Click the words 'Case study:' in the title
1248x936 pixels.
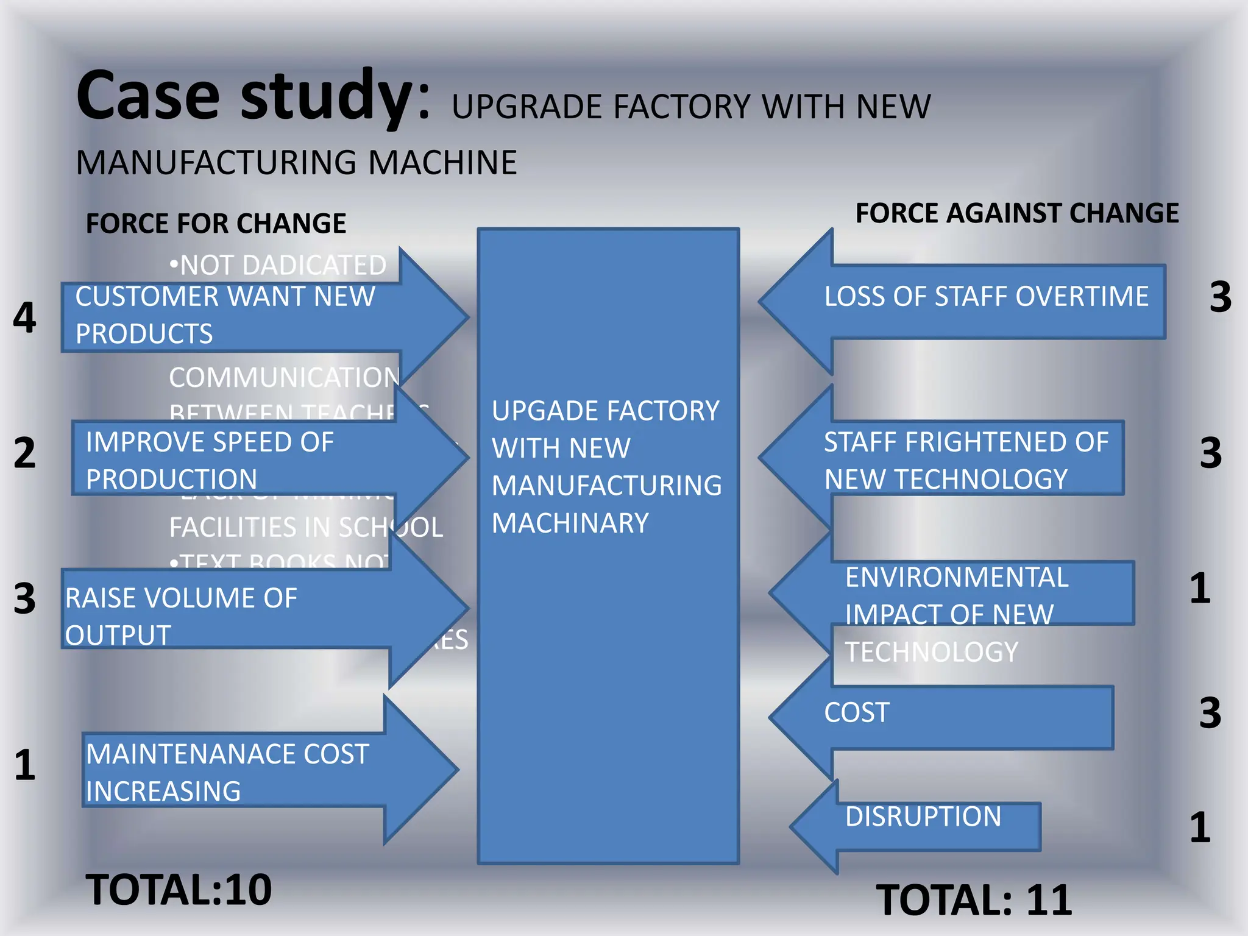coord(253,96)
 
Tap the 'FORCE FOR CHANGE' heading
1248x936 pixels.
coord(216,223)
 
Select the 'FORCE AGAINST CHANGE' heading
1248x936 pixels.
coord(1016,213)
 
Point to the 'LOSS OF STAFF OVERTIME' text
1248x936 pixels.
coord(985,297)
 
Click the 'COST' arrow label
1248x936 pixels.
coord(856,712)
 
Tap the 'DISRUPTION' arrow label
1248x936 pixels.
coord(923,817)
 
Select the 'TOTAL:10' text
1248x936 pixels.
coord(179,890)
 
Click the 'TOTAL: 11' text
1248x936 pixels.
coord(973,900)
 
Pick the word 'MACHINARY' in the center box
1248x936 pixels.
coord(570,523)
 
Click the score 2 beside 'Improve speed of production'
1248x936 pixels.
coord(25,453)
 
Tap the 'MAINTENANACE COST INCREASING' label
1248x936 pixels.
coord(227,772)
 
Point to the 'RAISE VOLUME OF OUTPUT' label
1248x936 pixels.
coord(181,616)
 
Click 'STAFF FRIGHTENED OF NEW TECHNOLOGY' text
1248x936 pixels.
coord(965,460)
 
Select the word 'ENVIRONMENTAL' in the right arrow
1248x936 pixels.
coord(956,577)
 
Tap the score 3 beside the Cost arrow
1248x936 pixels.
coord(1210,712)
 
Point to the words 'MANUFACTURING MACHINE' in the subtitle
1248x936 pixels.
coord(297,163)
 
